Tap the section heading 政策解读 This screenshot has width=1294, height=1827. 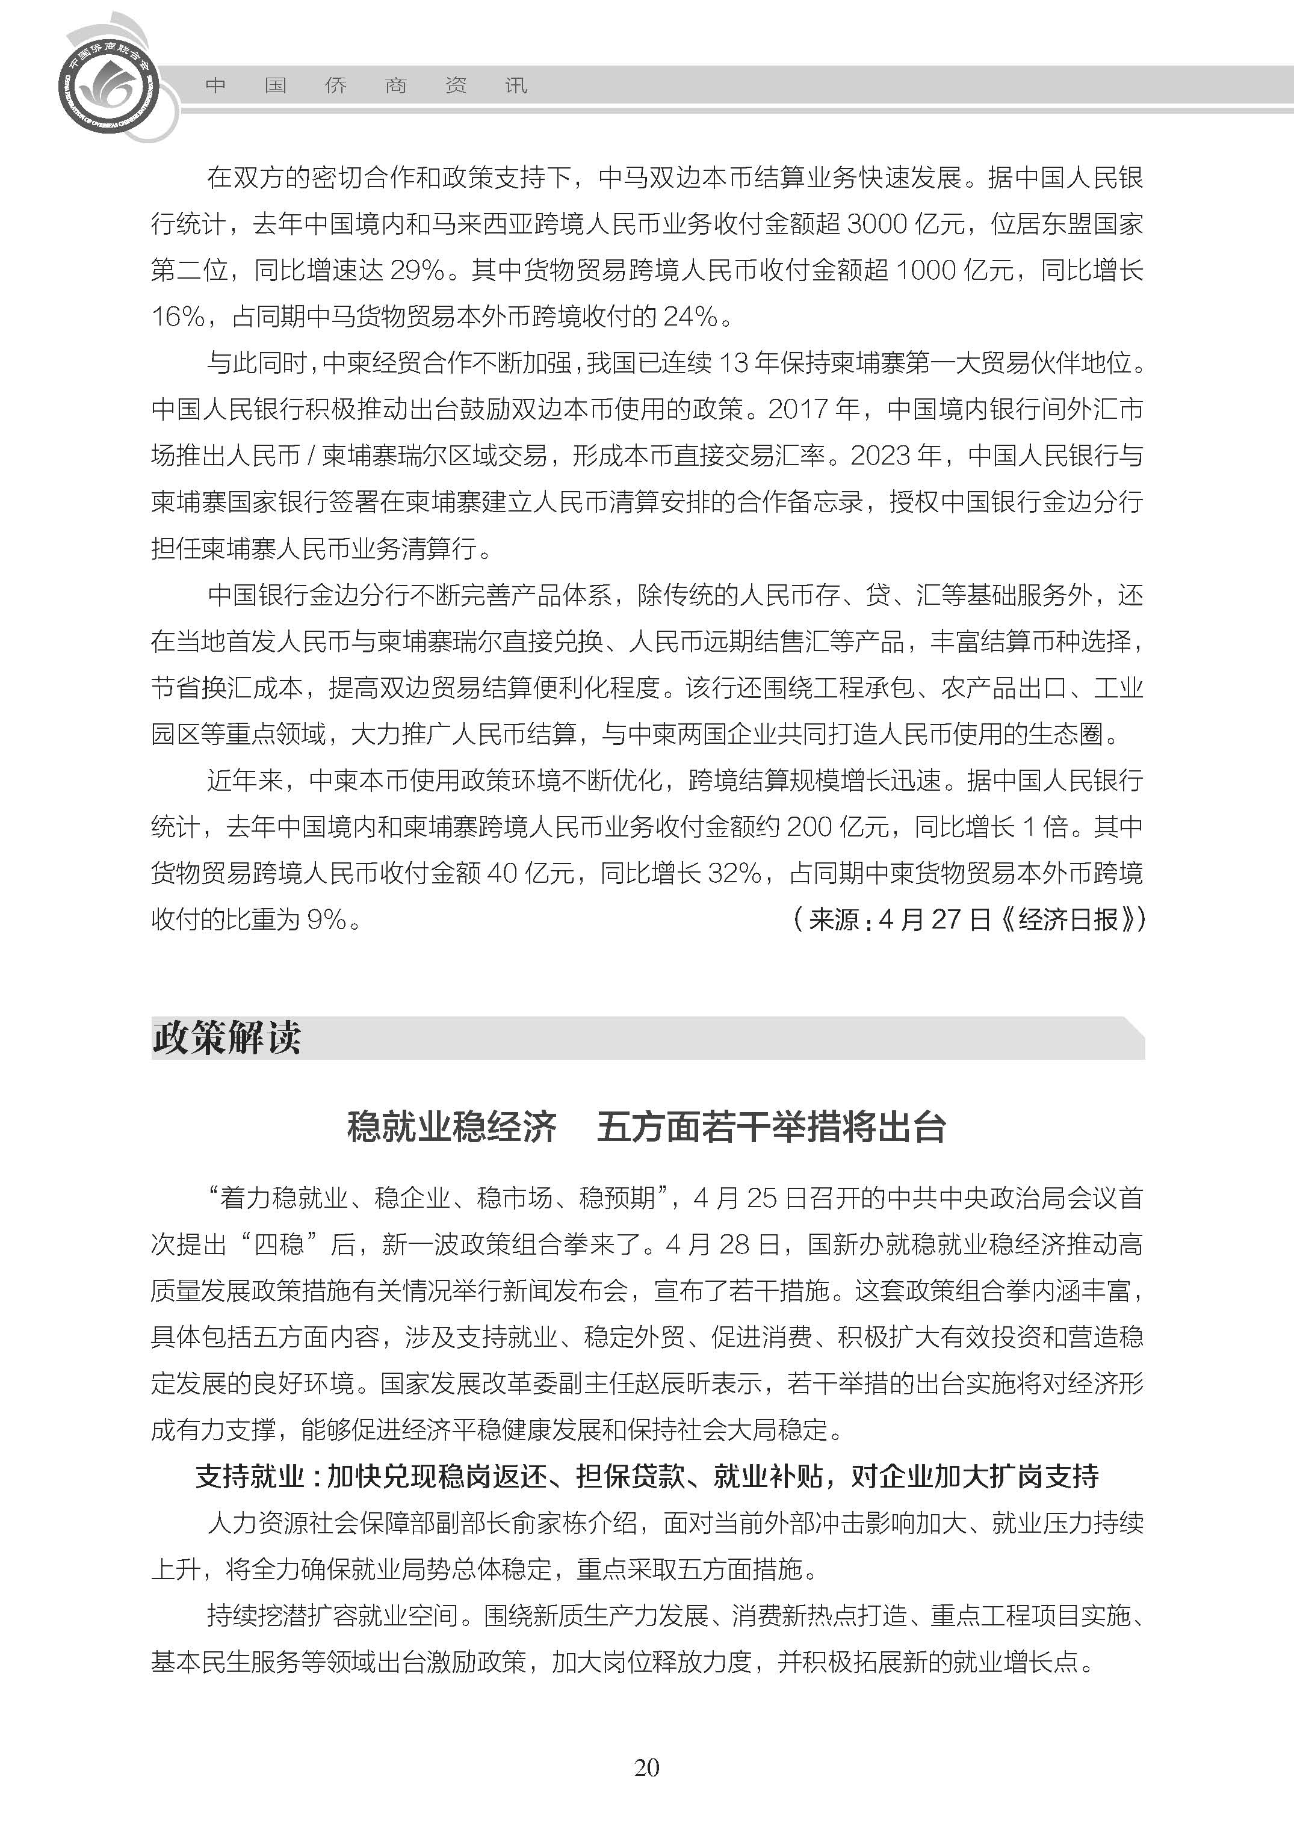coord(226,1038)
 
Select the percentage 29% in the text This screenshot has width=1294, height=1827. coord(416,270)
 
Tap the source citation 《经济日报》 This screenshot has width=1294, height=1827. coord(1072,920)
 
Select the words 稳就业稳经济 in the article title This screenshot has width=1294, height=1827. coord(452,1128)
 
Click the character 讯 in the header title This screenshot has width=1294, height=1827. coord(516,85)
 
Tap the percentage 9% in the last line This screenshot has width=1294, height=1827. coord(327,920)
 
